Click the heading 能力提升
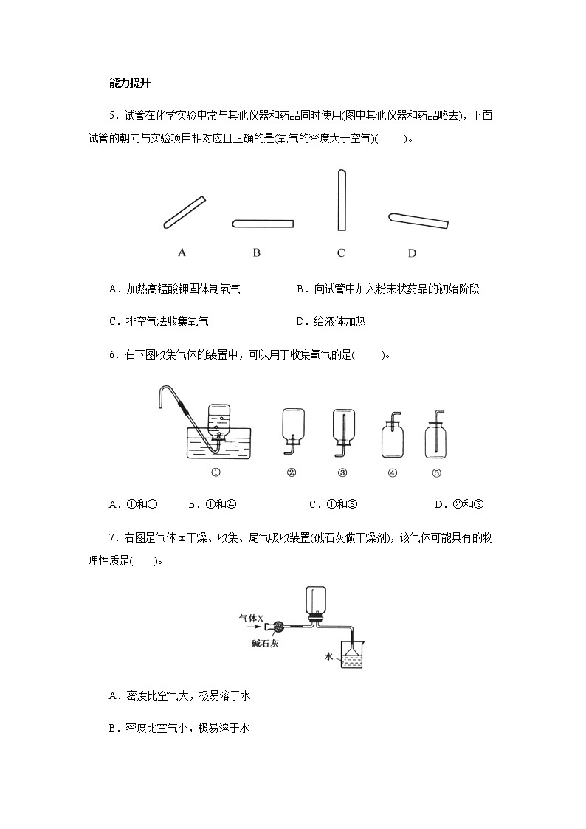[x=129, y=83]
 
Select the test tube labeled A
[x=184, y=212]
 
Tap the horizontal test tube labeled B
[x=263, y=224]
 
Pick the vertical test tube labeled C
[x=340, y=200]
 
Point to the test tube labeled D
[x=418, y=220]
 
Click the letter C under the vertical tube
[x=341, y=253]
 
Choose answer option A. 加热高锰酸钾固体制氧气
[x=174, y=289]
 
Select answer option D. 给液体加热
[x=330, y=321]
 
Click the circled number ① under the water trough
[x=216, y=473]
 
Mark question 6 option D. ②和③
[x=459, y=504]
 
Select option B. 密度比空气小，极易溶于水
[x=179, y=728]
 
